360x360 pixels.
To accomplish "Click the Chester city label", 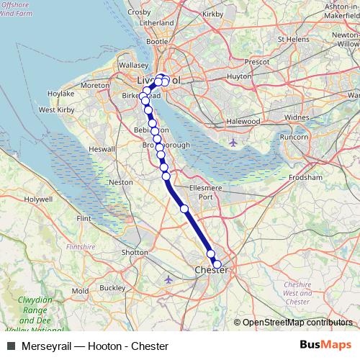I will (x=211, y=270).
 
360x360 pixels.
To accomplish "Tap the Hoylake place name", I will (x=60, y=94).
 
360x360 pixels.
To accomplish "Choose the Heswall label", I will (x=101, y=149).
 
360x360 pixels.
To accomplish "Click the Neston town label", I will (x=120, y=183).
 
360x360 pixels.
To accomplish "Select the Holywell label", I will (x=38, y=198).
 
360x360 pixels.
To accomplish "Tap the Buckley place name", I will (x=112, y=287).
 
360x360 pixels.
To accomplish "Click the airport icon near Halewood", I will (x=233, y=143).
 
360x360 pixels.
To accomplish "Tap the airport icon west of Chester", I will (x=168, y=279).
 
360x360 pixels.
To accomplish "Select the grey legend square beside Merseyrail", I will (x=11, y=346).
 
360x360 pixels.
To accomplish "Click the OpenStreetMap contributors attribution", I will (x=294, y=323).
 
